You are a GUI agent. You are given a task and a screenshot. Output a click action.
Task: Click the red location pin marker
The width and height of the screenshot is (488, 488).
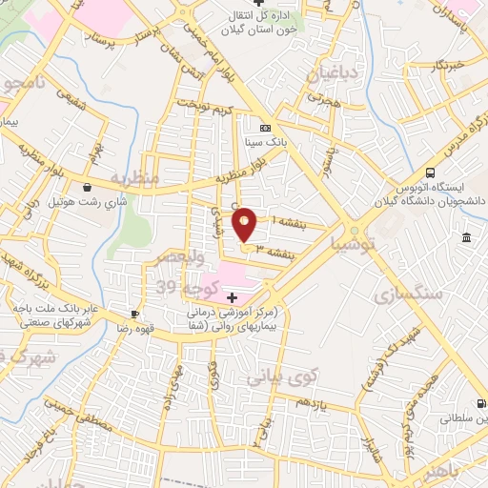[x=245, y=224]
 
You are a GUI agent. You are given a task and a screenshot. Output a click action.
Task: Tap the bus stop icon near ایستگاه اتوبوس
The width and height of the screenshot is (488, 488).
[x=431, y=173]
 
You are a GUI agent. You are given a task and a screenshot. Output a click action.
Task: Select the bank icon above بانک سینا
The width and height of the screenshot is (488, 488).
[x=265, y=128]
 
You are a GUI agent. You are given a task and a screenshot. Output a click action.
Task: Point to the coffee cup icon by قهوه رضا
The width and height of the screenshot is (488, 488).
[x=135, y=314]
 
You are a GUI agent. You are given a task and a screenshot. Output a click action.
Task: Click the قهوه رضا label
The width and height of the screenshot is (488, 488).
[x=110, y=327]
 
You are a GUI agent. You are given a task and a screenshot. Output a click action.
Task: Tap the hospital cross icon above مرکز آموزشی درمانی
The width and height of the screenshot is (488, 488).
[x=233, y=297]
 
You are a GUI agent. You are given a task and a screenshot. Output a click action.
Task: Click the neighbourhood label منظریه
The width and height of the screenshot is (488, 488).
[x=132, y=178]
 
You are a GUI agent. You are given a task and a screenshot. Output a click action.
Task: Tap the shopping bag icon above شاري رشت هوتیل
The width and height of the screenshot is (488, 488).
[x=88, y=188]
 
